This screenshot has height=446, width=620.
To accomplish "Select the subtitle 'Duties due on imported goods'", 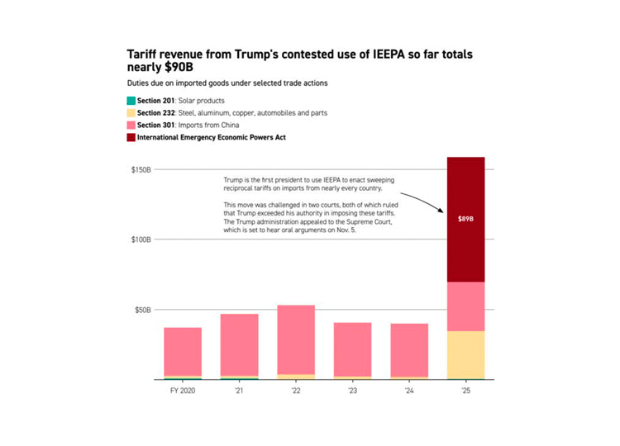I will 227,83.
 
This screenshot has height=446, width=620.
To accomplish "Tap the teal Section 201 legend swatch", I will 131,100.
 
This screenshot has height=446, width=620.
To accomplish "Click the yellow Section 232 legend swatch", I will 131,112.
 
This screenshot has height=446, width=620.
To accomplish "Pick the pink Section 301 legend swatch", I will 131,125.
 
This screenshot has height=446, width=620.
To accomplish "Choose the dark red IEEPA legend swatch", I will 131,137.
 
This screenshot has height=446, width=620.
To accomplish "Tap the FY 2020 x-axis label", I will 183,391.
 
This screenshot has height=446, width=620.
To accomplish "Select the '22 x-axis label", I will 296,391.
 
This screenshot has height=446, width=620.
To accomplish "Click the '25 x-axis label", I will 465,391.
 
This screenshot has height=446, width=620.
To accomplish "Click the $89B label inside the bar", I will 465,220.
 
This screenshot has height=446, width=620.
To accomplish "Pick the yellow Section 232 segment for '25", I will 465,355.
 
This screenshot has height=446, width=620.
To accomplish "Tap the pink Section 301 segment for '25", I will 465,306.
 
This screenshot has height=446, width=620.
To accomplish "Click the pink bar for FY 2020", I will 183,351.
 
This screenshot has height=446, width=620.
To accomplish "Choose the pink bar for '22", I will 296,339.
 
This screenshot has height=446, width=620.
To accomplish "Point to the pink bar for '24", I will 409,349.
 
